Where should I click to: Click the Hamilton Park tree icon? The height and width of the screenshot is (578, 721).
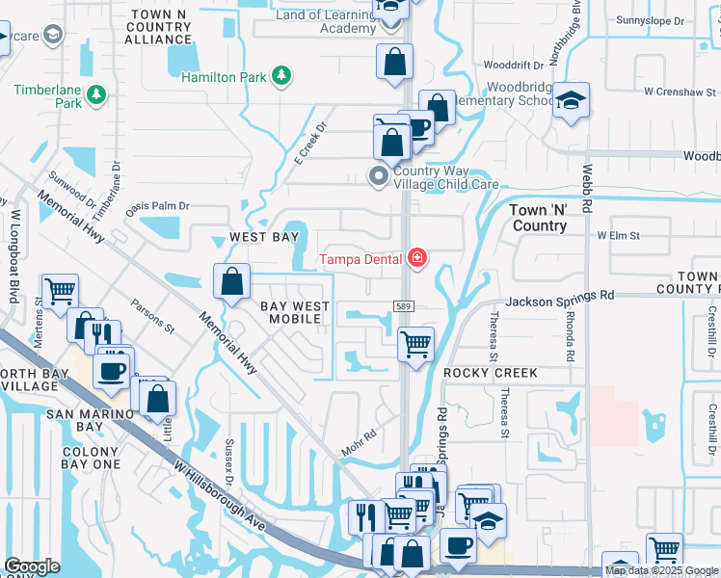280,75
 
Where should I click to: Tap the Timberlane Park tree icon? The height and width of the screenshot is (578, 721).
95,94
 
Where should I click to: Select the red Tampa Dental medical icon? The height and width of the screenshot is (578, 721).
416,258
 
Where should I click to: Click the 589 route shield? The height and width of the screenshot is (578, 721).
404,305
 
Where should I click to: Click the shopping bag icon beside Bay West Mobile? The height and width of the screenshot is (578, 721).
232,282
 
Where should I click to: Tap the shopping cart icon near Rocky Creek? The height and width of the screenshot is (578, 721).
415,344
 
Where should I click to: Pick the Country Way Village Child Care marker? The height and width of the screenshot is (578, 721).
378,175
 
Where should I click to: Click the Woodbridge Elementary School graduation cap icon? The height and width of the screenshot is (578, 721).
572,100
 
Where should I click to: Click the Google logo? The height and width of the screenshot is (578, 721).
32,566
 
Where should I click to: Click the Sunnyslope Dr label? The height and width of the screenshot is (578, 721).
650,20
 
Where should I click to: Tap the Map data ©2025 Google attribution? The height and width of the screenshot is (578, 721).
661,570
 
